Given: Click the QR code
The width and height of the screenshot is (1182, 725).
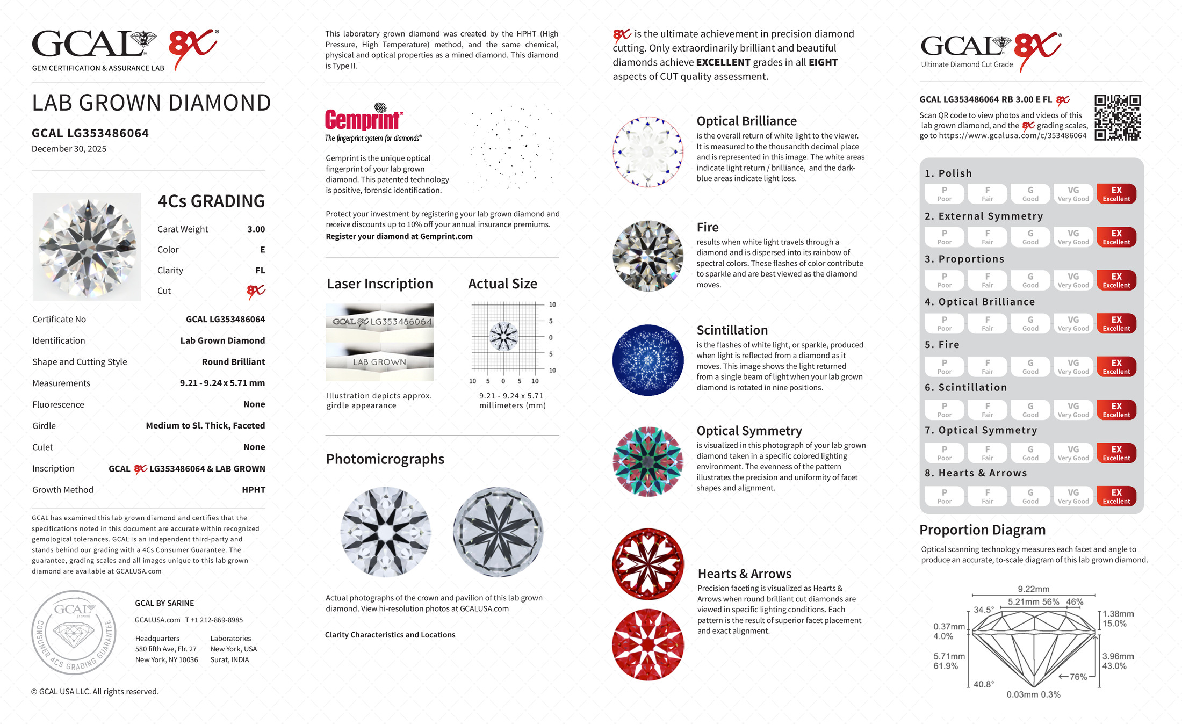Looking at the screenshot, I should pos(1118,118).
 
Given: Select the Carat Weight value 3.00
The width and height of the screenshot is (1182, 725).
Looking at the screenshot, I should pos(256,229).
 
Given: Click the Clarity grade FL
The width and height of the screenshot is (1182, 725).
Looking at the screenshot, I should pos(260,271).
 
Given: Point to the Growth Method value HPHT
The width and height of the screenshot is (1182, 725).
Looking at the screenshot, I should pos(253,490).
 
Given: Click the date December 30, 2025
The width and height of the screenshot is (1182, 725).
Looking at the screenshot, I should pos(69,149).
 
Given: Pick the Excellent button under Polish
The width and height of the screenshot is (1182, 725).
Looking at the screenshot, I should pos(1116,194).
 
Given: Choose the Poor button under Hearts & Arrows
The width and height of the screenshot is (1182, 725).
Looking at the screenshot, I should pos(944,496).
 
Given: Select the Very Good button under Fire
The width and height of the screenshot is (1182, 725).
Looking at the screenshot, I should pos(1073,367).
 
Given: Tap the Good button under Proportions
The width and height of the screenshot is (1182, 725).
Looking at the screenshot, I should pos(1030,280).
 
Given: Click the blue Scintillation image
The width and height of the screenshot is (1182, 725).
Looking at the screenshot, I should pos(648,360).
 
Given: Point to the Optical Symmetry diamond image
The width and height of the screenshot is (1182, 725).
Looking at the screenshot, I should pos(648,461).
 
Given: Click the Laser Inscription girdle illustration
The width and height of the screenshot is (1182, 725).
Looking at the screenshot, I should pos(379,342).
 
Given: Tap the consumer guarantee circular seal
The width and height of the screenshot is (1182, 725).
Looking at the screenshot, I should pos(74,632).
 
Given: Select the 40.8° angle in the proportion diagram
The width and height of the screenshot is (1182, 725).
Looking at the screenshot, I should pos(983,684).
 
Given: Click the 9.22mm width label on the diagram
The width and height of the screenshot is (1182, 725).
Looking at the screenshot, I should pos(1033,589).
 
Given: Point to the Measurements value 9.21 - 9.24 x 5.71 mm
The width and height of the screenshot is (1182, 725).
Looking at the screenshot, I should pos(222,383).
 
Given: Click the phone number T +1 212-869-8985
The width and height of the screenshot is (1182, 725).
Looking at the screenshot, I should pos(214,620).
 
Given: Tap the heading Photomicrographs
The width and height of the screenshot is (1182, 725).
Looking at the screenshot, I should pos(385,459).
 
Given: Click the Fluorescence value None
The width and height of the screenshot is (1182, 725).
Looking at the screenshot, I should pos(254,404).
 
